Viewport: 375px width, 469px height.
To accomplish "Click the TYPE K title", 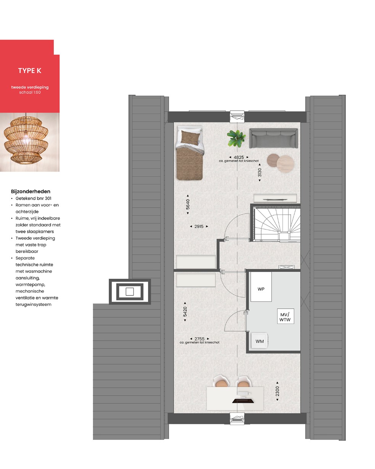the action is (30, 71).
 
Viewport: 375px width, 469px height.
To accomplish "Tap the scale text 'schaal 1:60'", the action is (30, 92).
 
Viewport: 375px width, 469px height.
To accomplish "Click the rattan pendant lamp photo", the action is (30, 142).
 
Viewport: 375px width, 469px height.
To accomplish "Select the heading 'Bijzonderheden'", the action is (31, 191).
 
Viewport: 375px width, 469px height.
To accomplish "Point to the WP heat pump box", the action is (261, 286).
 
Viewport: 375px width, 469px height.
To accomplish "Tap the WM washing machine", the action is (259, 341).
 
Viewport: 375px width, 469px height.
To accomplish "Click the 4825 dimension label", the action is (238, 157).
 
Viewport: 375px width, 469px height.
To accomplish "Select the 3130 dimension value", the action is (259, 172).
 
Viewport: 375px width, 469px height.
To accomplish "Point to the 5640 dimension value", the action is (188, 204).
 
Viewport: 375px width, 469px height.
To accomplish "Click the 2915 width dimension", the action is (199, 226).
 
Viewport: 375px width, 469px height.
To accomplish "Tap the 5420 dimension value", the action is (185, 312).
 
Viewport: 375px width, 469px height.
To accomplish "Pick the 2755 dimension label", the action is (200, 339).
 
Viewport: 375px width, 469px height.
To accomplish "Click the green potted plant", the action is (236, 138).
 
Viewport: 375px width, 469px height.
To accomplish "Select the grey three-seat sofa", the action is (274, 138).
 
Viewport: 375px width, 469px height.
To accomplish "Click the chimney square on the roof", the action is (130, 292).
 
